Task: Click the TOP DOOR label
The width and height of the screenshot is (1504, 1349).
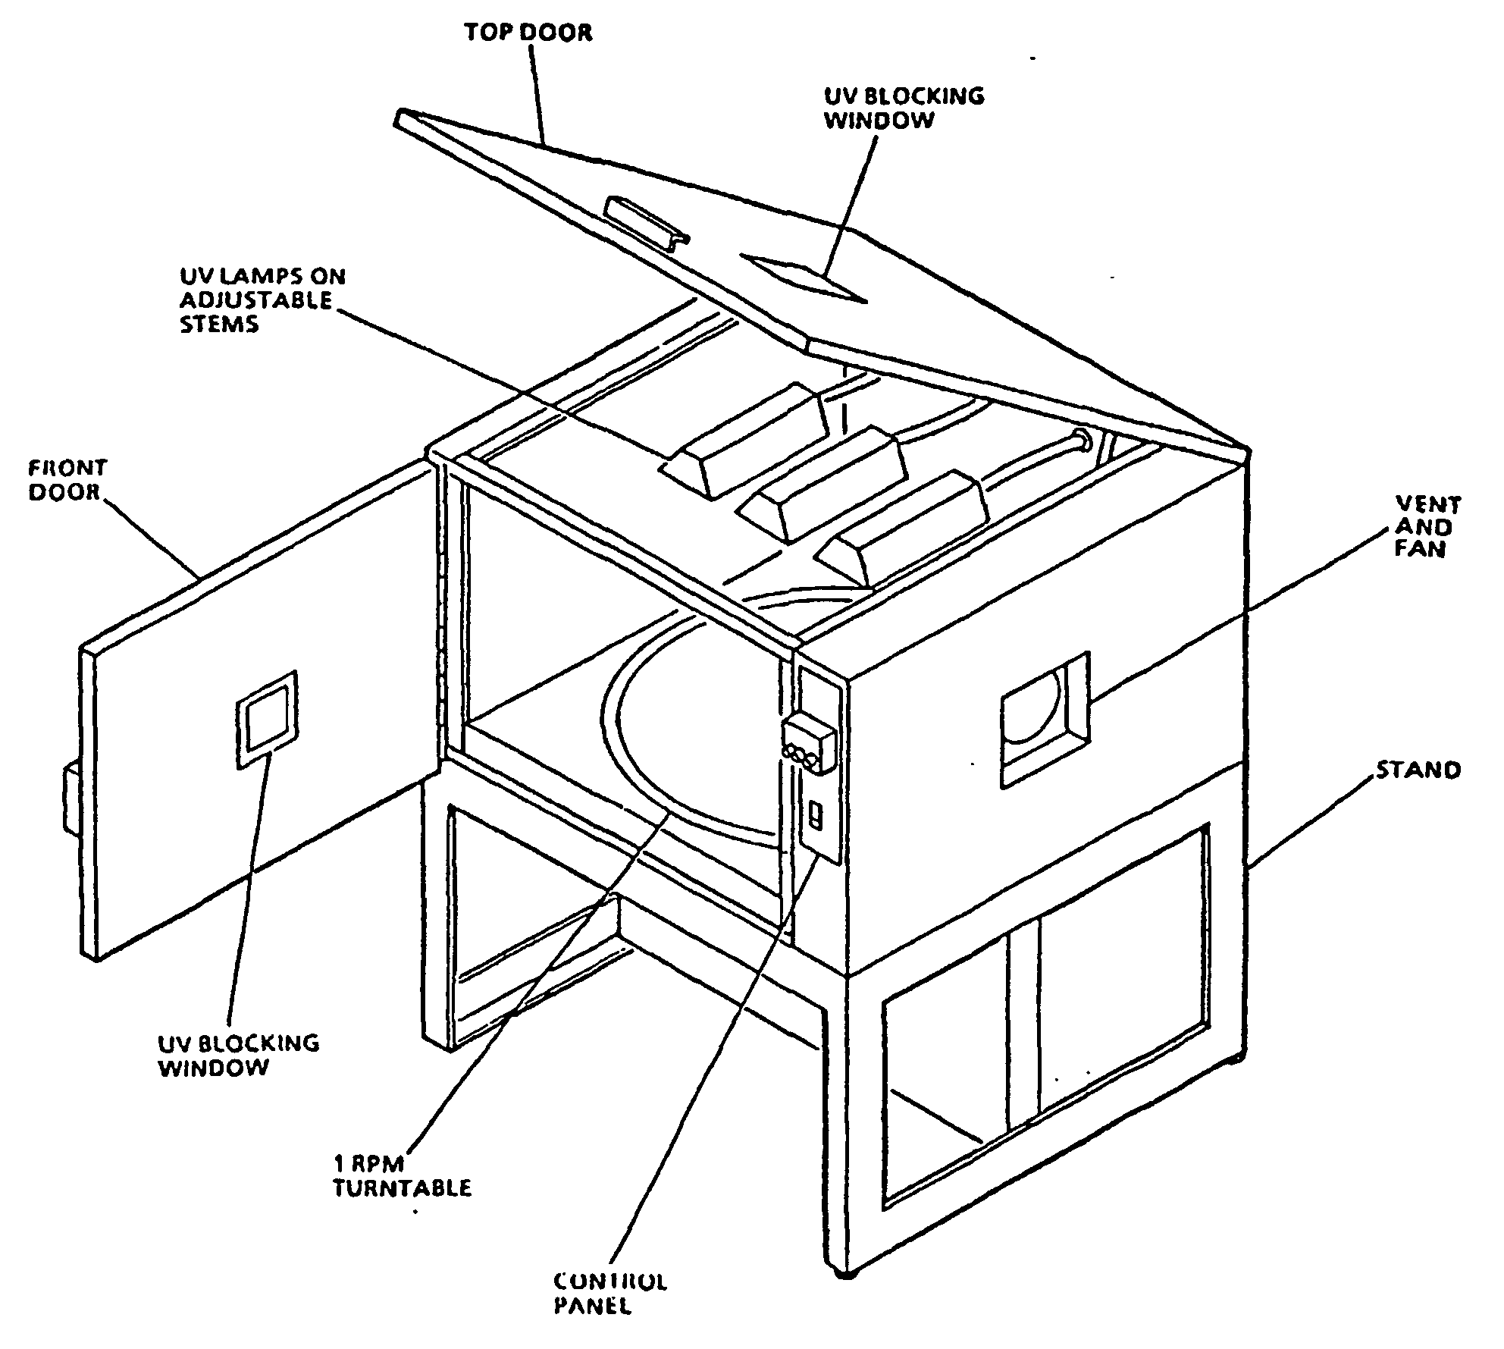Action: point(528,32)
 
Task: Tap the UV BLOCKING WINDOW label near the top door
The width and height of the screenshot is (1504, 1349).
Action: point(904,108)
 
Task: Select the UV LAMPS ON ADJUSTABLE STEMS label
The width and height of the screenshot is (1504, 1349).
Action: point(262,300)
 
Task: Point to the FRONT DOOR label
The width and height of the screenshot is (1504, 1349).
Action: point(67,479)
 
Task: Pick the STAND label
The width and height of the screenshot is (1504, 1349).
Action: point(1418,770)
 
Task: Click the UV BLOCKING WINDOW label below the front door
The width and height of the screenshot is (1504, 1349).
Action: point(238,1055)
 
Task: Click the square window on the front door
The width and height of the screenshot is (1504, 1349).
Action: point(266,719)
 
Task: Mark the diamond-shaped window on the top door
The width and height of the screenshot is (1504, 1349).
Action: point(804,277)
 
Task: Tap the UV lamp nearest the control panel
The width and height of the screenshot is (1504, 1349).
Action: point(906,527)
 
